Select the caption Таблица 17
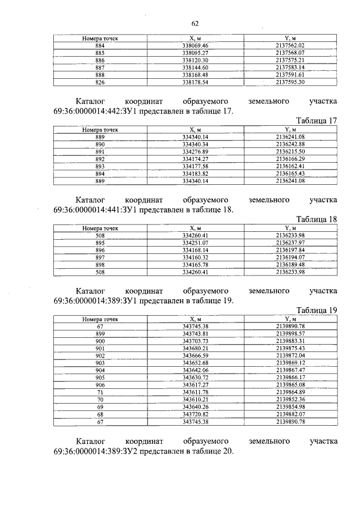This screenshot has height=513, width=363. pyautogui.click(x=316, y=120)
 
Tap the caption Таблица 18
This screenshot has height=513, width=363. pyautogui.click(x=316, y=219)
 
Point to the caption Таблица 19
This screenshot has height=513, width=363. pyautogui.click(x=316, y=310)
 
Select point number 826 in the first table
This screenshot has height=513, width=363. pyautogui.click(x=100, y=82)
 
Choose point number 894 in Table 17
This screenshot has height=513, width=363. pyautogui.click(x=100, y=173)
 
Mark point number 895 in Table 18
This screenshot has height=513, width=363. pyautogui.click(x=100, y=243)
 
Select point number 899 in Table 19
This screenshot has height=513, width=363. pyautogui.click(x=100, y=334)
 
